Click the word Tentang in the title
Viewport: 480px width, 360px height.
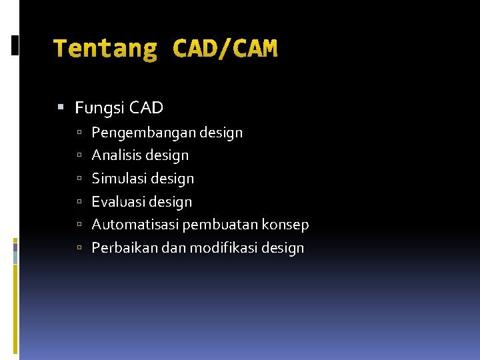[x=105, y=49]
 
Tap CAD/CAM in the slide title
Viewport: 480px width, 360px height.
[x=225, y=49]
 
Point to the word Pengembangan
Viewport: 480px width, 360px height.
[x=143, y=133]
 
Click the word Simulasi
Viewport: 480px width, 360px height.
[x=119, y=179]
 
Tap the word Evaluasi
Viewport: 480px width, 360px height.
[x=119, y=201]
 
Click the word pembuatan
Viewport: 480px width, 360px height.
[x=215, y=225]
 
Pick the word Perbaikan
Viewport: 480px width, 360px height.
[x=121, y=248]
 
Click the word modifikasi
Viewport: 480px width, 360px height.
[x=223, y=248]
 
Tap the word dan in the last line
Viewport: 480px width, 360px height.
[x=171, y=248]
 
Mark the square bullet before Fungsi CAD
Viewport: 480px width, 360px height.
[x=61, y=107]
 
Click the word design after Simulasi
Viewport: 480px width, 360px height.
[x=173, y=179]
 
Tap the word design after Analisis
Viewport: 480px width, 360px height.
[x=167, y=155]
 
